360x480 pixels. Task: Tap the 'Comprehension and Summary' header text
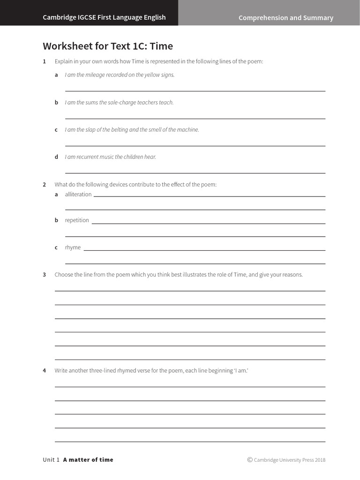[285, 18]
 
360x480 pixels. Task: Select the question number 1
[44, 61]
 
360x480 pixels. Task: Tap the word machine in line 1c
[187, 129]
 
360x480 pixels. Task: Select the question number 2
[44, 184]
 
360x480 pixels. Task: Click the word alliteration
[78, 194]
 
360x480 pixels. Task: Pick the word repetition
[77, 220]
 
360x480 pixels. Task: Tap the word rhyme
[73, 247]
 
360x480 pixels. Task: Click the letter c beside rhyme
[56, 247]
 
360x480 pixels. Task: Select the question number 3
[44, 275]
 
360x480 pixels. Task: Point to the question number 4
[44, 371]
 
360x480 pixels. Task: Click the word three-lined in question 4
[120, 371]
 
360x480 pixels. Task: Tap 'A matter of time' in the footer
[88, 460]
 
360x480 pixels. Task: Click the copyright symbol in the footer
[250, 460]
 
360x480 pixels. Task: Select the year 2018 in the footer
[320, 460]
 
